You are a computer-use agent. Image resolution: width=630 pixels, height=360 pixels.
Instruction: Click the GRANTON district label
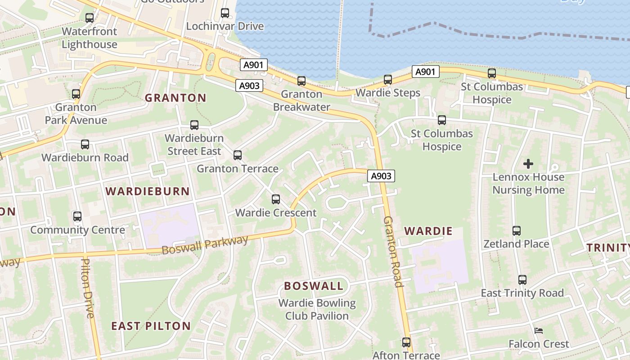(x=175, y=98)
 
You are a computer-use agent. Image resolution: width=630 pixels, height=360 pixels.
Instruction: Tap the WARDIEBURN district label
(x=148, y=191)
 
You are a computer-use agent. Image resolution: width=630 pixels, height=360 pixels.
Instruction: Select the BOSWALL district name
(x=314, y=286)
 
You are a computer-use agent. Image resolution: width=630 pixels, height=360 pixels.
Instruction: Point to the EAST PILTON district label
(x=151, y=326)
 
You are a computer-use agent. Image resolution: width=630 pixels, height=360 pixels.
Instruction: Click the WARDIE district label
(x=428, y=231)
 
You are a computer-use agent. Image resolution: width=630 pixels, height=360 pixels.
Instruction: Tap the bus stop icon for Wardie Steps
(x=388, y=80)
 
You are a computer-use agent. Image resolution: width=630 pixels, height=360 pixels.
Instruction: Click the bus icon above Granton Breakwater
(x=301, y=81)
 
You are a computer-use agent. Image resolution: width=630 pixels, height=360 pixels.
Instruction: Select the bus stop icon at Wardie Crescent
(x=276, y=199)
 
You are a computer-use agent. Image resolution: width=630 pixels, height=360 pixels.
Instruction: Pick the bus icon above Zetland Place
(x=516, y=231)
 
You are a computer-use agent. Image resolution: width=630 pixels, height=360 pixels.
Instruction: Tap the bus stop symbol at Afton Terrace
(x=406, y=342)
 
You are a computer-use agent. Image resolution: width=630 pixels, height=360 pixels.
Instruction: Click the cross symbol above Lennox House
(x=528, y=164)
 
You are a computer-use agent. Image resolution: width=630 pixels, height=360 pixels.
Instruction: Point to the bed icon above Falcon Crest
(x=539, y=331)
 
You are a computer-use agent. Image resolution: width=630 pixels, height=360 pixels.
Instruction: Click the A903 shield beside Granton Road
(x=381, y=176)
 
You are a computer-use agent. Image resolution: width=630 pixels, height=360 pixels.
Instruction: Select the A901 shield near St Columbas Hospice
(x=425, y=72)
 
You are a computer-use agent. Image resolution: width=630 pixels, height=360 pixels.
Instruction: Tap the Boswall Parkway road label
(x=205, y=244)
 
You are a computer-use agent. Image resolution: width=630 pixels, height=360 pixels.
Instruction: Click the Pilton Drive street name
(x=88, y=288)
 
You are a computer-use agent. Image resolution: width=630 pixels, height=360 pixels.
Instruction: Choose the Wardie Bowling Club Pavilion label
(x=317, y=309)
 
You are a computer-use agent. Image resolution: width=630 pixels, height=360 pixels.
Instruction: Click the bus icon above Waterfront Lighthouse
(x=90, y=18)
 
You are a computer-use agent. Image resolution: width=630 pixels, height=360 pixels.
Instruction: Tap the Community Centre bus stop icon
(x=77, y=216)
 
